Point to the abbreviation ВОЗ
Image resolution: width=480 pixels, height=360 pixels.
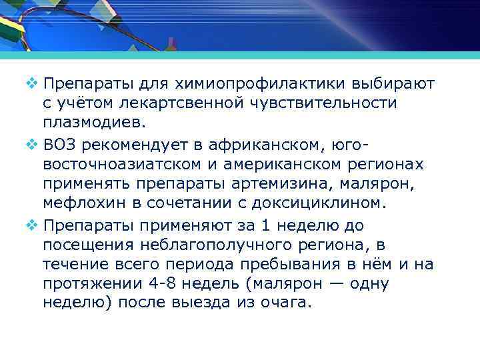click(60, 146)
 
